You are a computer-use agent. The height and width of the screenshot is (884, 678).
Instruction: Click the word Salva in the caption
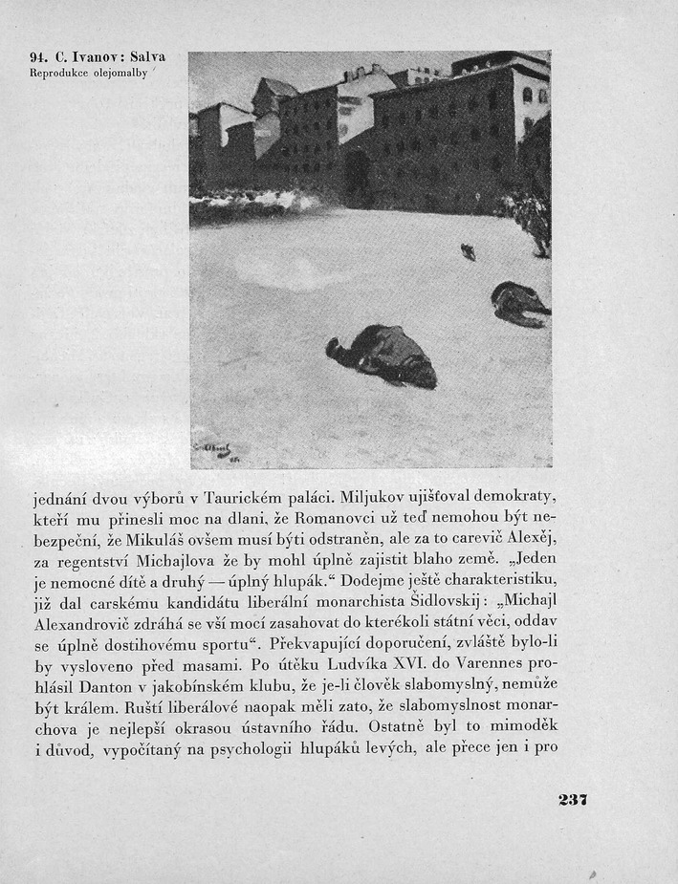[144, 57]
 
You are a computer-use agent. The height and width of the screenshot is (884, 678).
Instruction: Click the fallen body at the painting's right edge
[519, 303]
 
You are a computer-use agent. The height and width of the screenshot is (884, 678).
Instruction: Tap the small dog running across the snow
[468, 251]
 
